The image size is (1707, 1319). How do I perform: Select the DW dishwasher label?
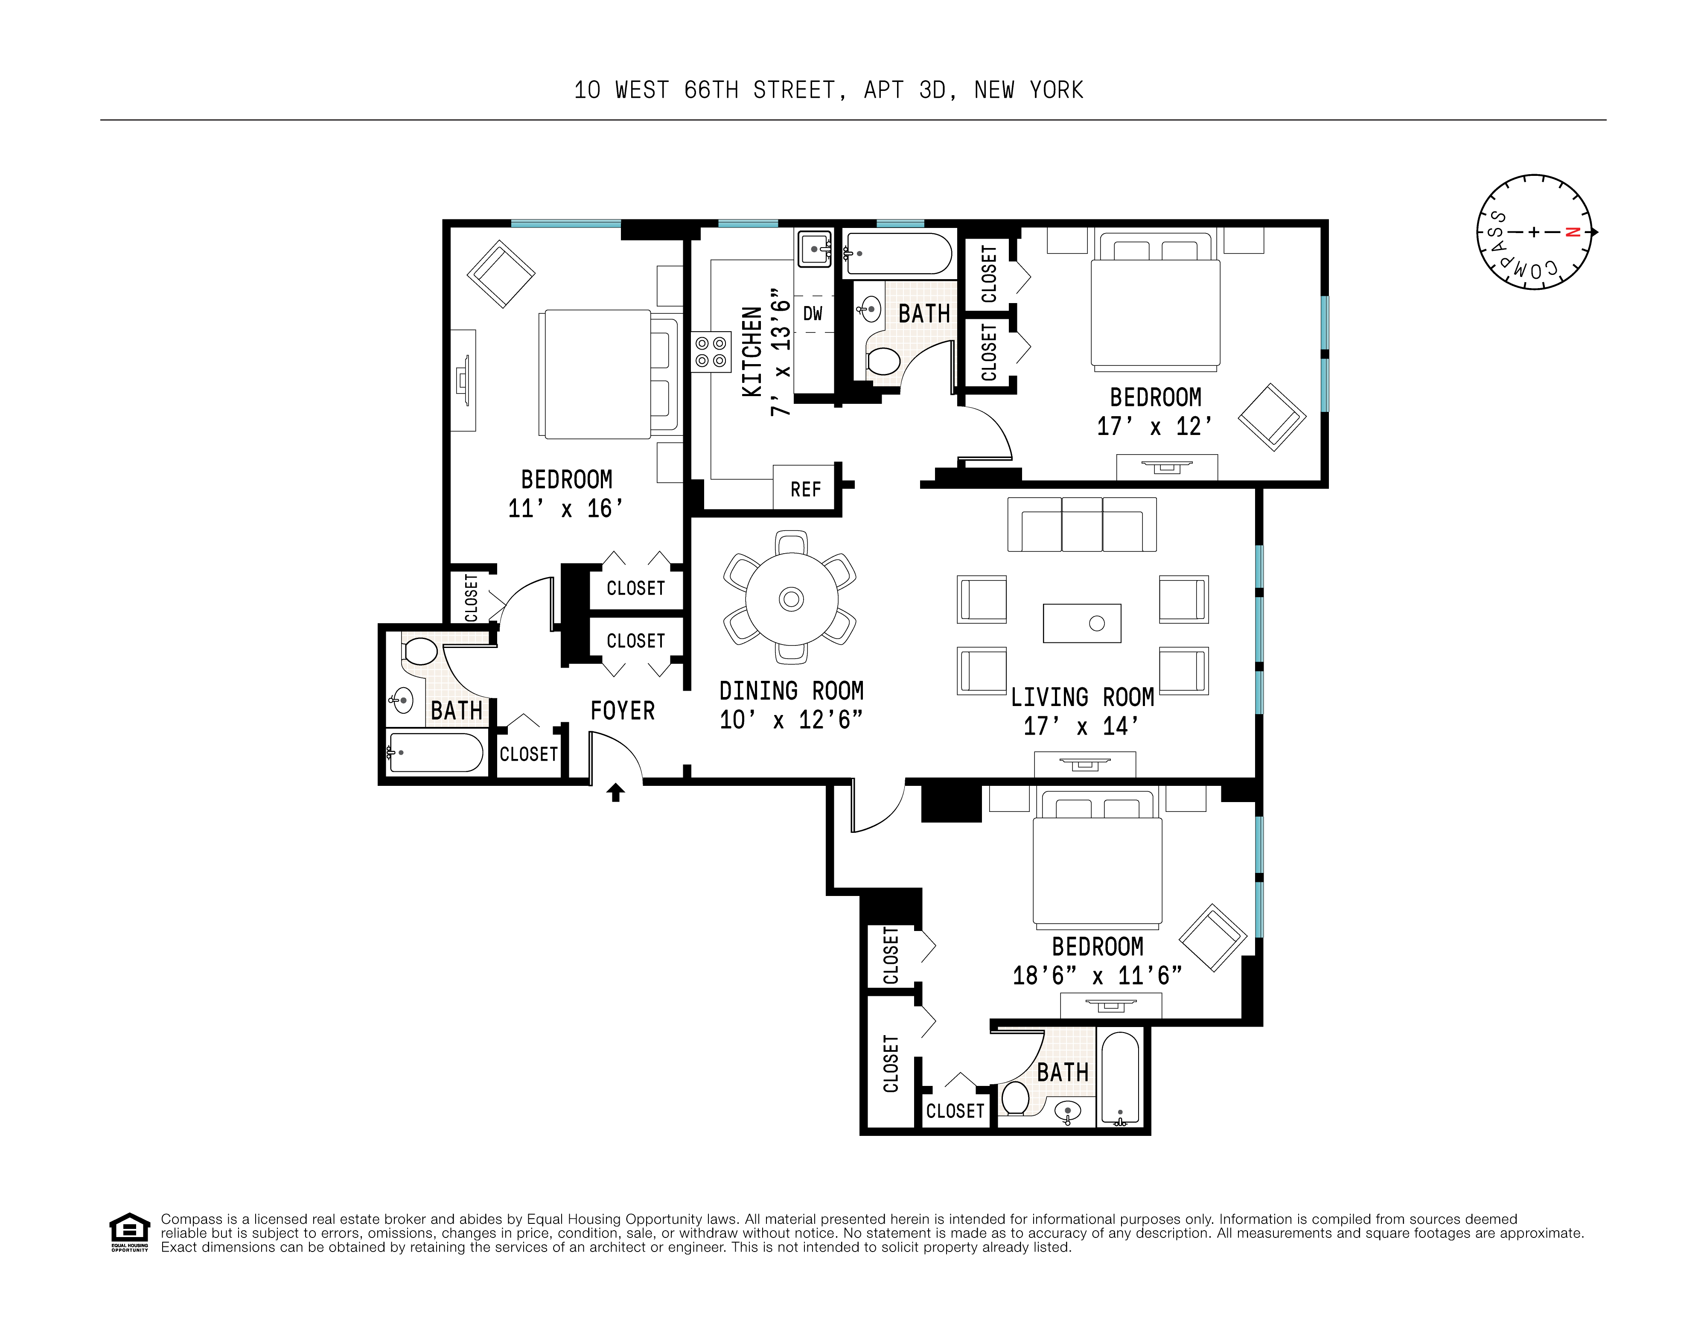813,313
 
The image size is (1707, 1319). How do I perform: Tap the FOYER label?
622,711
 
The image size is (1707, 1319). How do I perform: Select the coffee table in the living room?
1082,623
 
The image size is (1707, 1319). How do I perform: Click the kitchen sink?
814,248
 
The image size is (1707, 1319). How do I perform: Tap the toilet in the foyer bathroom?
420,651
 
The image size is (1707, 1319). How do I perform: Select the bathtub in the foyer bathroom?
435,752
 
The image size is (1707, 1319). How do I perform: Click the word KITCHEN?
751,352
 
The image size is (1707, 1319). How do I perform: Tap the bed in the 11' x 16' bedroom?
606,374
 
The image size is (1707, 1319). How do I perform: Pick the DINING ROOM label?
791,690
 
